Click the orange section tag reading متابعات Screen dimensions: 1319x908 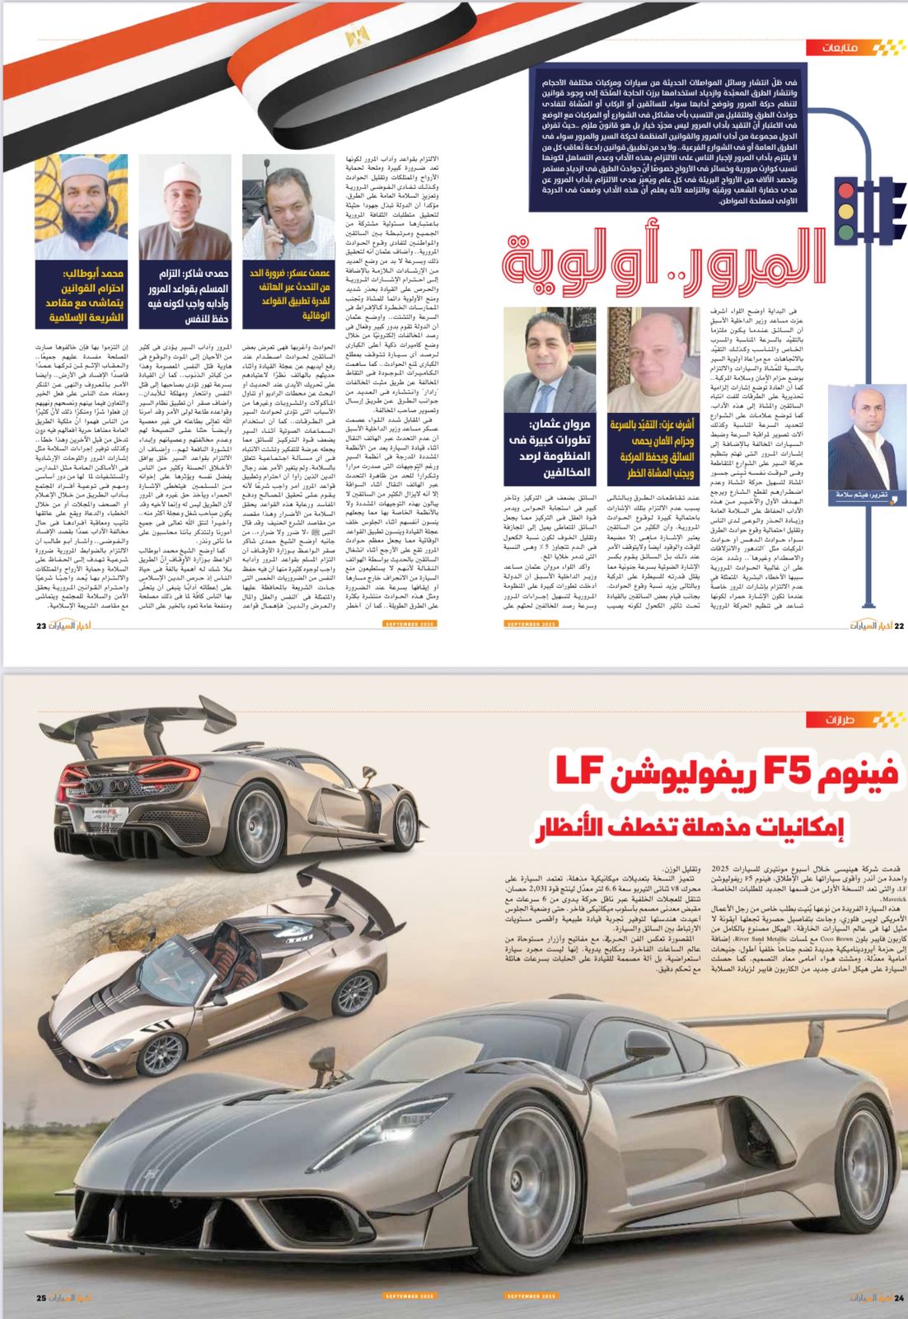click(x=840, y=48)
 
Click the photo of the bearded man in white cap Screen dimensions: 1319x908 click(x=81, y=206)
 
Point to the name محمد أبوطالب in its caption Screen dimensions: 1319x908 click(x=93, y=272)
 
